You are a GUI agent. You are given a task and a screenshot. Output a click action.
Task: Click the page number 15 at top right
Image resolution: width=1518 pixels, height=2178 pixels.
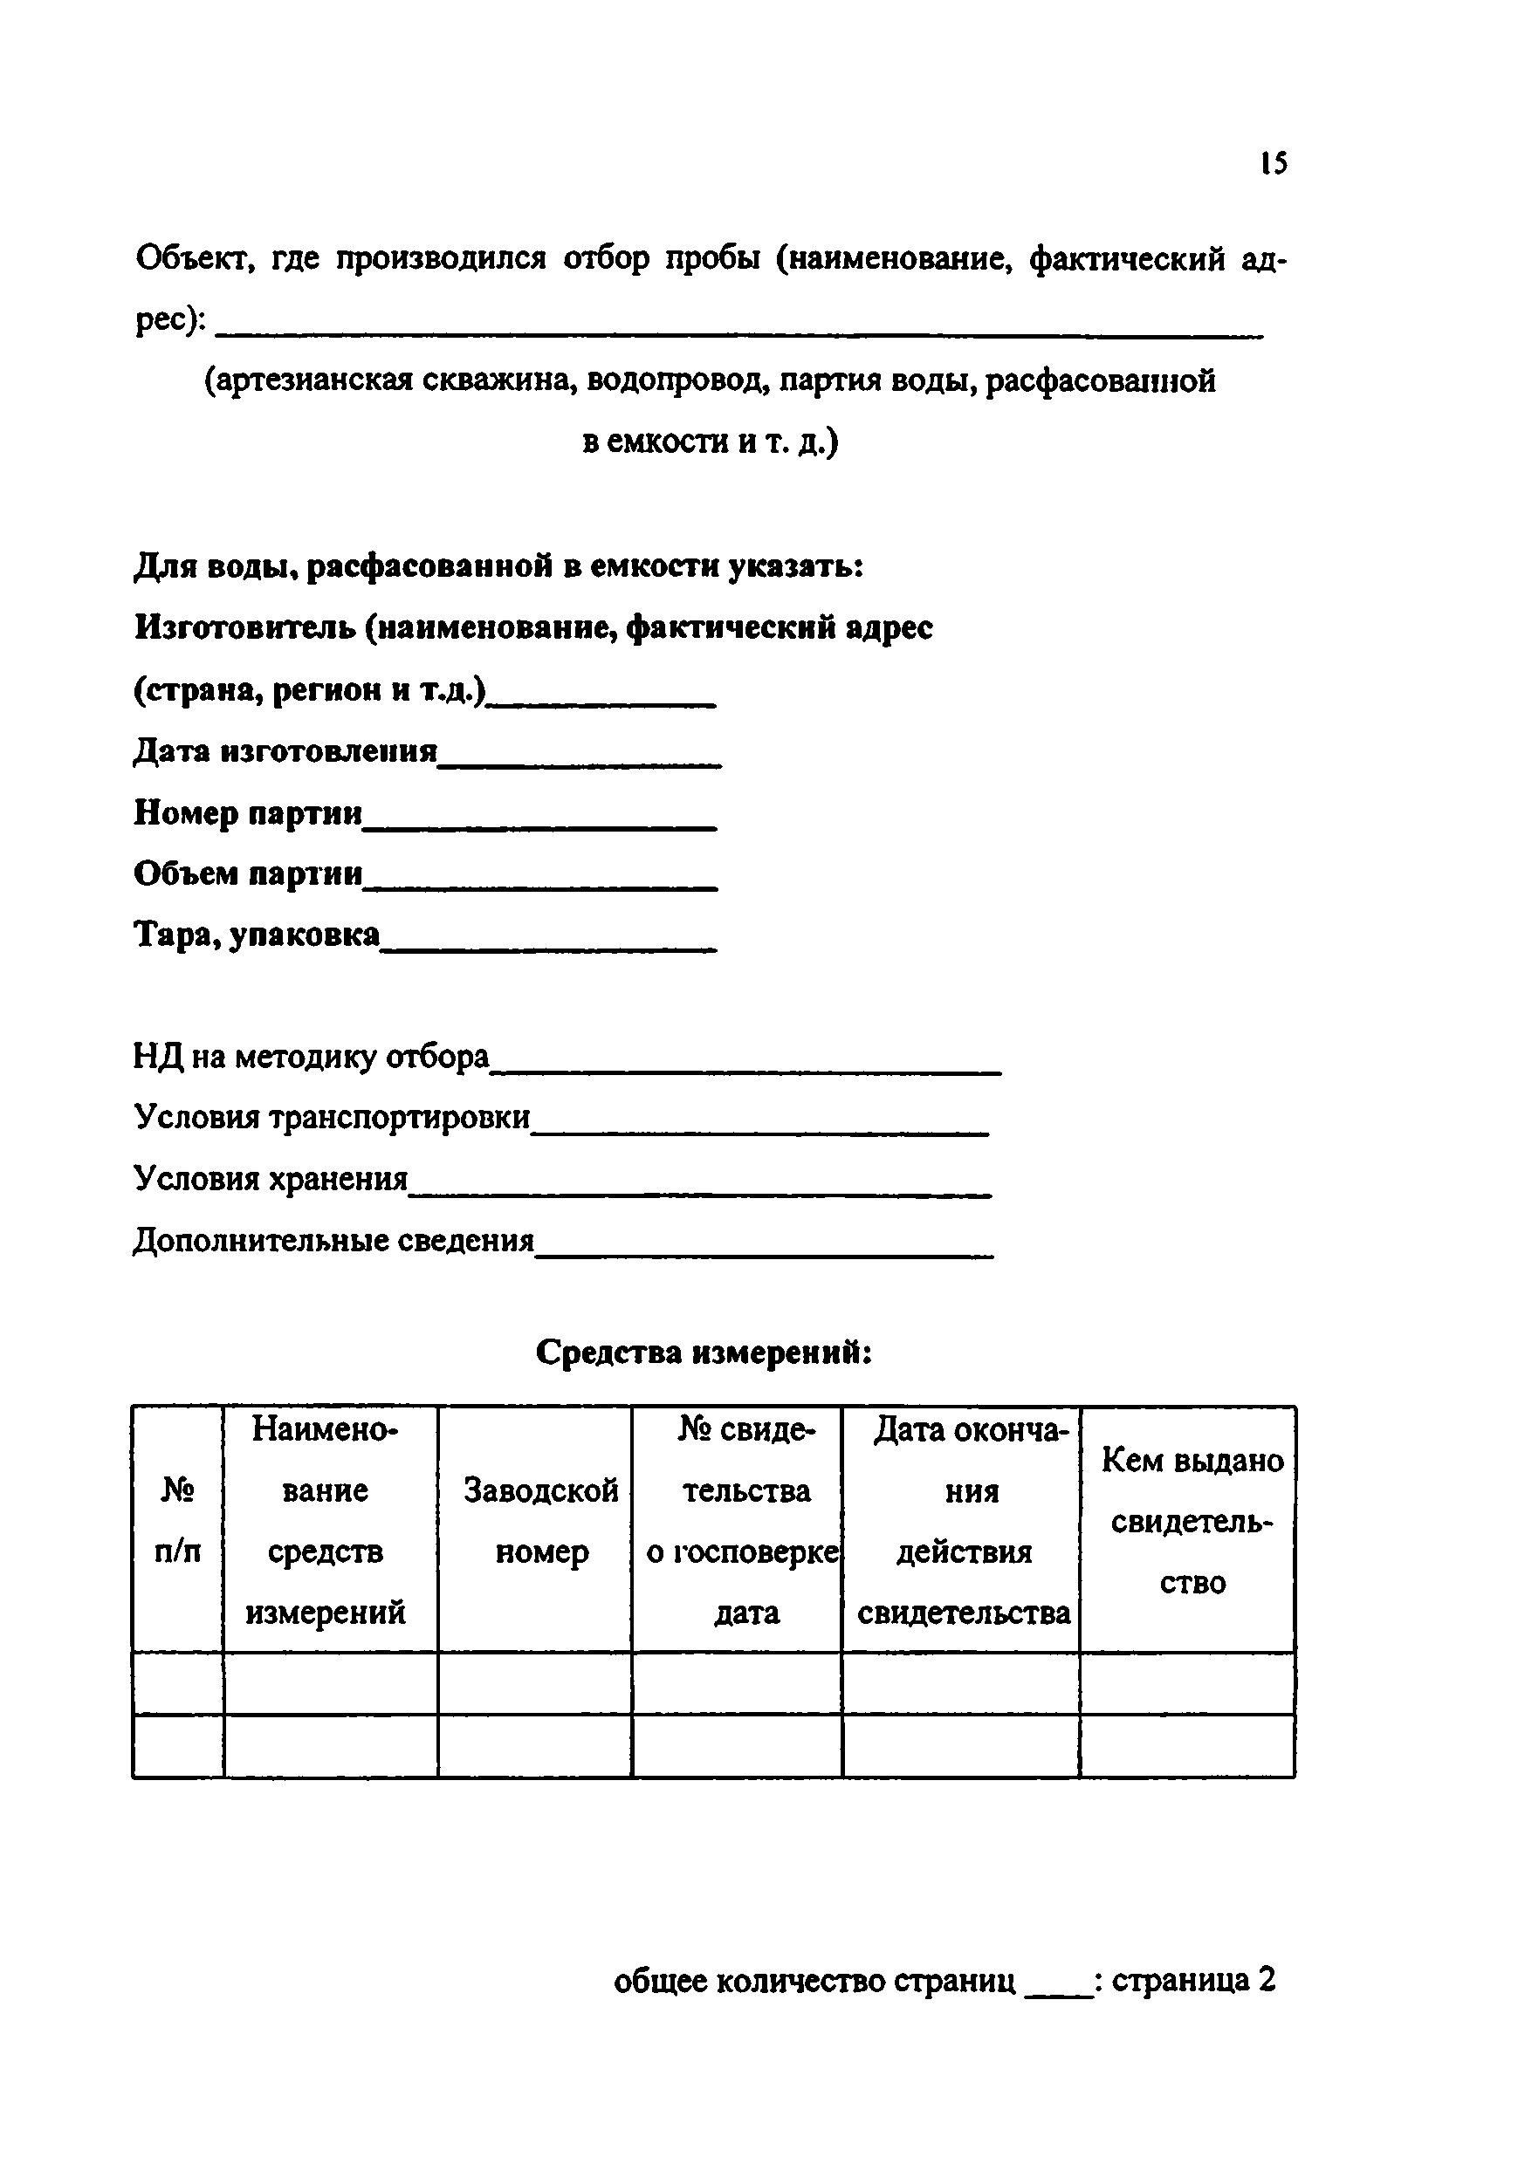(1274, 163)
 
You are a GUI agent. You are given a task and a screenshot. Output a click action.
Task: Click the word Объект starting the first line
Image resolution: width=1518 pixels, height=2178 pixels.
(196, 258)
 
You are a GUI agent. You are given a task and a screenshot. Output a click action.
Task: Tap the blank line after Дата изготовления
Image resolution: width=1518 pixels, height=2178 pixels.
(579, 759)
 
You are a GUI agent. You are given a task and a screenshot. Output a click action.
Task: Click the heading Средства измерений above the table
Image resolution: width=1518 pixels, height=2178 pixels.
(703, 1353)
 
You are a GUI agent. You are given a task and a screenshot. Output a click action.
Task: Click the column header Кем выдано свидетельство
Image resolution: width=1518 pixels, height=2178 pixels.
(1192, 1522)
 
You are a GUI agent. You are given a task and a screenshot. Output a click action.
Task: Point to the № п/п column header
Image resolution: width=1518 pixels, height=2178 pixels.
(178, 1522)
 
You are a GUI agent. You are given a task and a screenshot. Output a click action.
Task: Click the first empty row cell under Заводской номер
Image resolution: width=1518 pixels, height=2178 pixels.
(535, 1684)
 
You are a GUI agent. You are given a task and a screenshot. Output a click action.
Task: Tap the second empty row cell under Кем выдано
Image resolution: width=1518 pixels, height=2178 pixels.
(1187, 1745)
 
